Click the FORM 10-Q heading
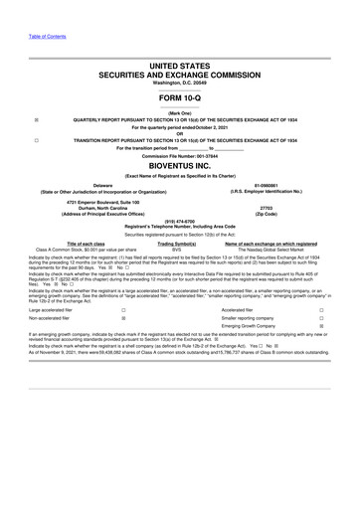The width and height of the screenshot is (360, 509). coord(180,96)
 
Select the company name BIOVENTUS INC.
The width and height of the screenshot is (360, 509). coord(180,167)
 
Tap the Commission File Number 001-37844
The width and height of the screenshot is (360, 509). coord(180,156)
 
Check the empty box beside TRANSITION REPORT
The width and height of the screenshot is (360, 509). coord(37,140)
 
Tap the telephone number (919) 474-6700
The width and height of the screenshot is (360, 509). coord(180,223)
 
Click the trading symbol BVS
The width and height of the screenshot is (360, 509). coord(177,249)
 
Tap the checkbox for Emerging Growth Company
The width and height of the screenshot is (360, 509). coord(321,361)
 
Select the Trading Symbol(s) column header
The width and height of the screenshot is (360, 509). coord(177,243)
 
